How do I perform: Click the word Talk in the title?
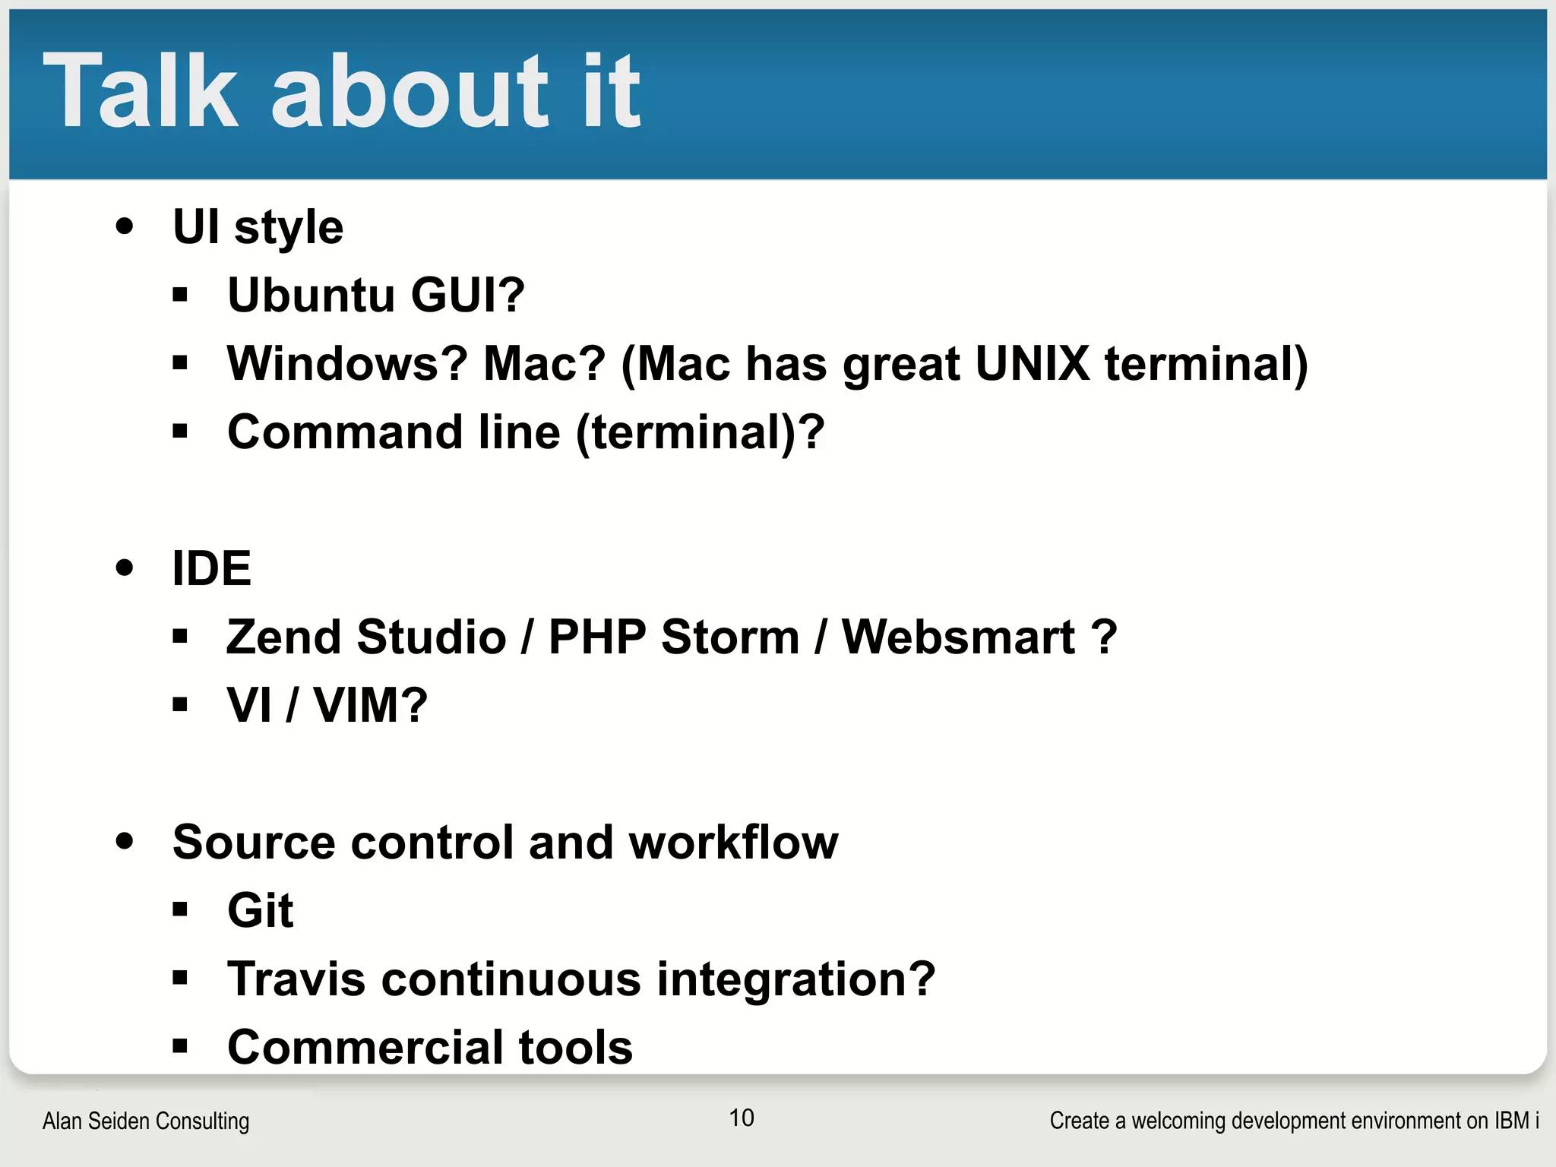141,91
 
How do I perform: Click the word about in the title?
410,91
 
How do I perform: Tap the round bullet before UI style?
125,226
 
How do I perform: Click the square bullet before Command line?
180,432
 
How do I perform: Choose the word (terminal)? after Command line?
700,432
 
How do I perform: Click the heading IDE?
211,568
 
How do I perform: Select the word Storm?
729,637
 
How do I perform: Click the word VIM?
370,705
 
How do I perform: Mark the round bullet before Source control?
125,841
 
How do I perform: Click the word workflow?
733,842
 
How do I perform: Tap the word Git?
260,910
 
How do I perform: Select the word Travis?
296,979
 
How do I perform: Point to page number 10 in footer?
742,1118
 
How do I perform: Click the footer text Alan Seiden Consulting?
146,1121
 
